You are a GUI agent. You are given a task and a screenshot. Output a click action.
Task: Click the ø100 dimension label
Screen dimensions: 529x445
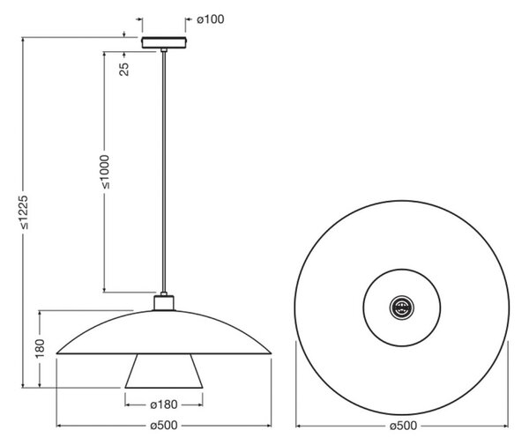(211, 19)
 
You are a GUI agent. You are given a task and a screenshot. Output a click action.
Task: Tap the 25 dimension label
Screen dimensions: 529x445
(124, 69)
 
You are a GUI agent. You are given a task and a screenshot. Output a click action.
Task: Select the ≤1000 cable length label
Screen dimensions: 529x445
(105, 172)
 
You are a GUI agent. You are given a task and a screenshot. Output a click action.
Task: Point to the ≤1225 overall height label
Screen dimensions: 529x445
(24, 212)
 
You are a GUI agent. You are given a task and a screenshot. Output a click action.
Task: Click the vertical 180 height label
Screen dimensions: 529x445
(40, 349)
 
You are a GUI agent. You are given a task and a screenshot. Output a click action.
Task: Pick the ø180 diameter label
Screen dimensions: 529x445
(164, 404)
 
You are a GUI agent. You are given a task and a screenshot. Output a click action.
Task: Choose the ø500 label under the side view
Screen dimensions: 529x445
(164, 426)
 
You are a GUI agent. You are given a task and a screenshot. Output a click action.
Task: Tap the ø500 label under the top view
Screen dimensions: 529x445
(403, 426)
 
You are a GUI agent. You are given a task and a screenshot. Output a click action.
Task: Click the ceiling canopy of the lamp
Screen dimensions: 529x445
(164, 42)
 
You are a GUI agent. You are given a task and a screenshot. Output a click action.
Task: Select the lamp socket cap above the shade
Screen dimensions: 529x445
(164, 303)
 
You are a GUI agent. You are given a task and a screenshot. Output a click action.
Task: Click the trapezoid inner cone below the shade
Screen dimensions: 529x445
(164, 371)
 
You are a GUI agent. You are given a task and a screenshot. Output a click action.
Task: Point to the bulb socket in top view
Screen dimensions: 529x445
(402, 308)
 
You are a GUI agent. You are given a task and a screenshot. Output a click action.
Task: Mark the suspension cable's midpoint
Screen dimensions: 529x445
(164, 172)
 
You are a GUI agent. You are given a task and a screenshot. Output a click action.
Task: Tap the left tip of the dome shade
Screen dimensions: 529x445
(56, 353)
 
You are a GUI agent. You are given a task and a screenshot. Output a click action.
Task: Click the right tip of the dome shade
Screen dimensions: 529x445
(272, 353)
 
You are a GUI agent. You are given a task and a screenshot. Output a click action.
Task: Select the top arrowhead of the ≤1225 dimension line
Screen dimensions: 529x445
(23, 39)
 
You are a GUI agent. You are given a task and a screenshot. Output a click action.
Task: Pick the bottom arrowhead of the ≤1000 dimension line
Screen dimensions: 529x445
(105, 290)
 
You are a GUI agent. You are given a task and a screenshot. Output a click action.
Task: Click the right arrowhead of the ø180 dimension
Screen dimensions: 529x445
(200, 404)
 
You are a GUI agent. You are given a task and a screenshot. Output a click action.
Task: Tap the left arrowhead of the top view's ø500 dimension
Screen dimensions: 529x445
(299, 426)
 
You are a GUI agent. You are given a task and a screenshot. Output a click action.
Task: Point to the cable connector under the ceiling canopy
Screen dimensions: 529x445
(164, 50)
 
